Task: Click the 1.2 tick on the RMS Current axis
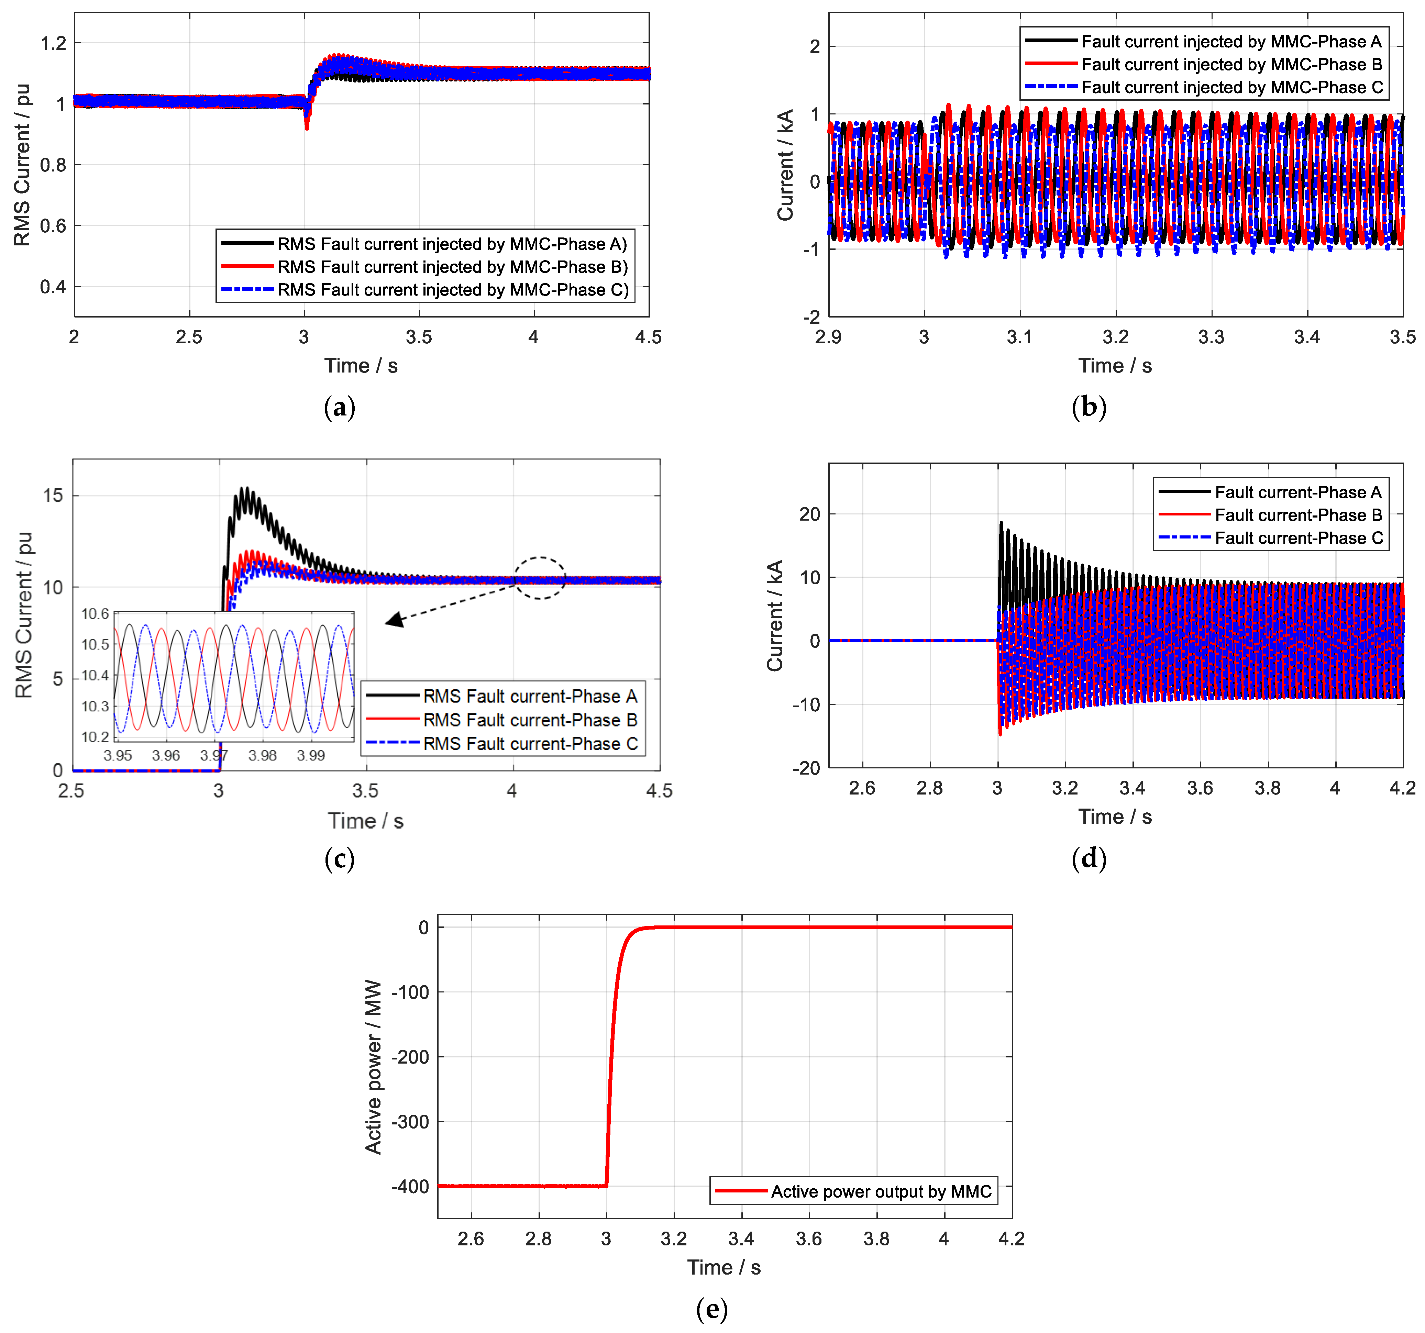point(53,44)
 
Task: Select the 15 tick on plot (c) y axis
point(53,495)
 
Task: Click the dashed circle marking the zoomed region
point(540,578)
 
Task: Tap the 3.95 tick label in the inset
point(118,755)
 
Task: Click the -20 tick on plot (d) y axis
point(806,768)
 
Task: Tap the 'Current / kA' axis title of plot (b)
point(786,165)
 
